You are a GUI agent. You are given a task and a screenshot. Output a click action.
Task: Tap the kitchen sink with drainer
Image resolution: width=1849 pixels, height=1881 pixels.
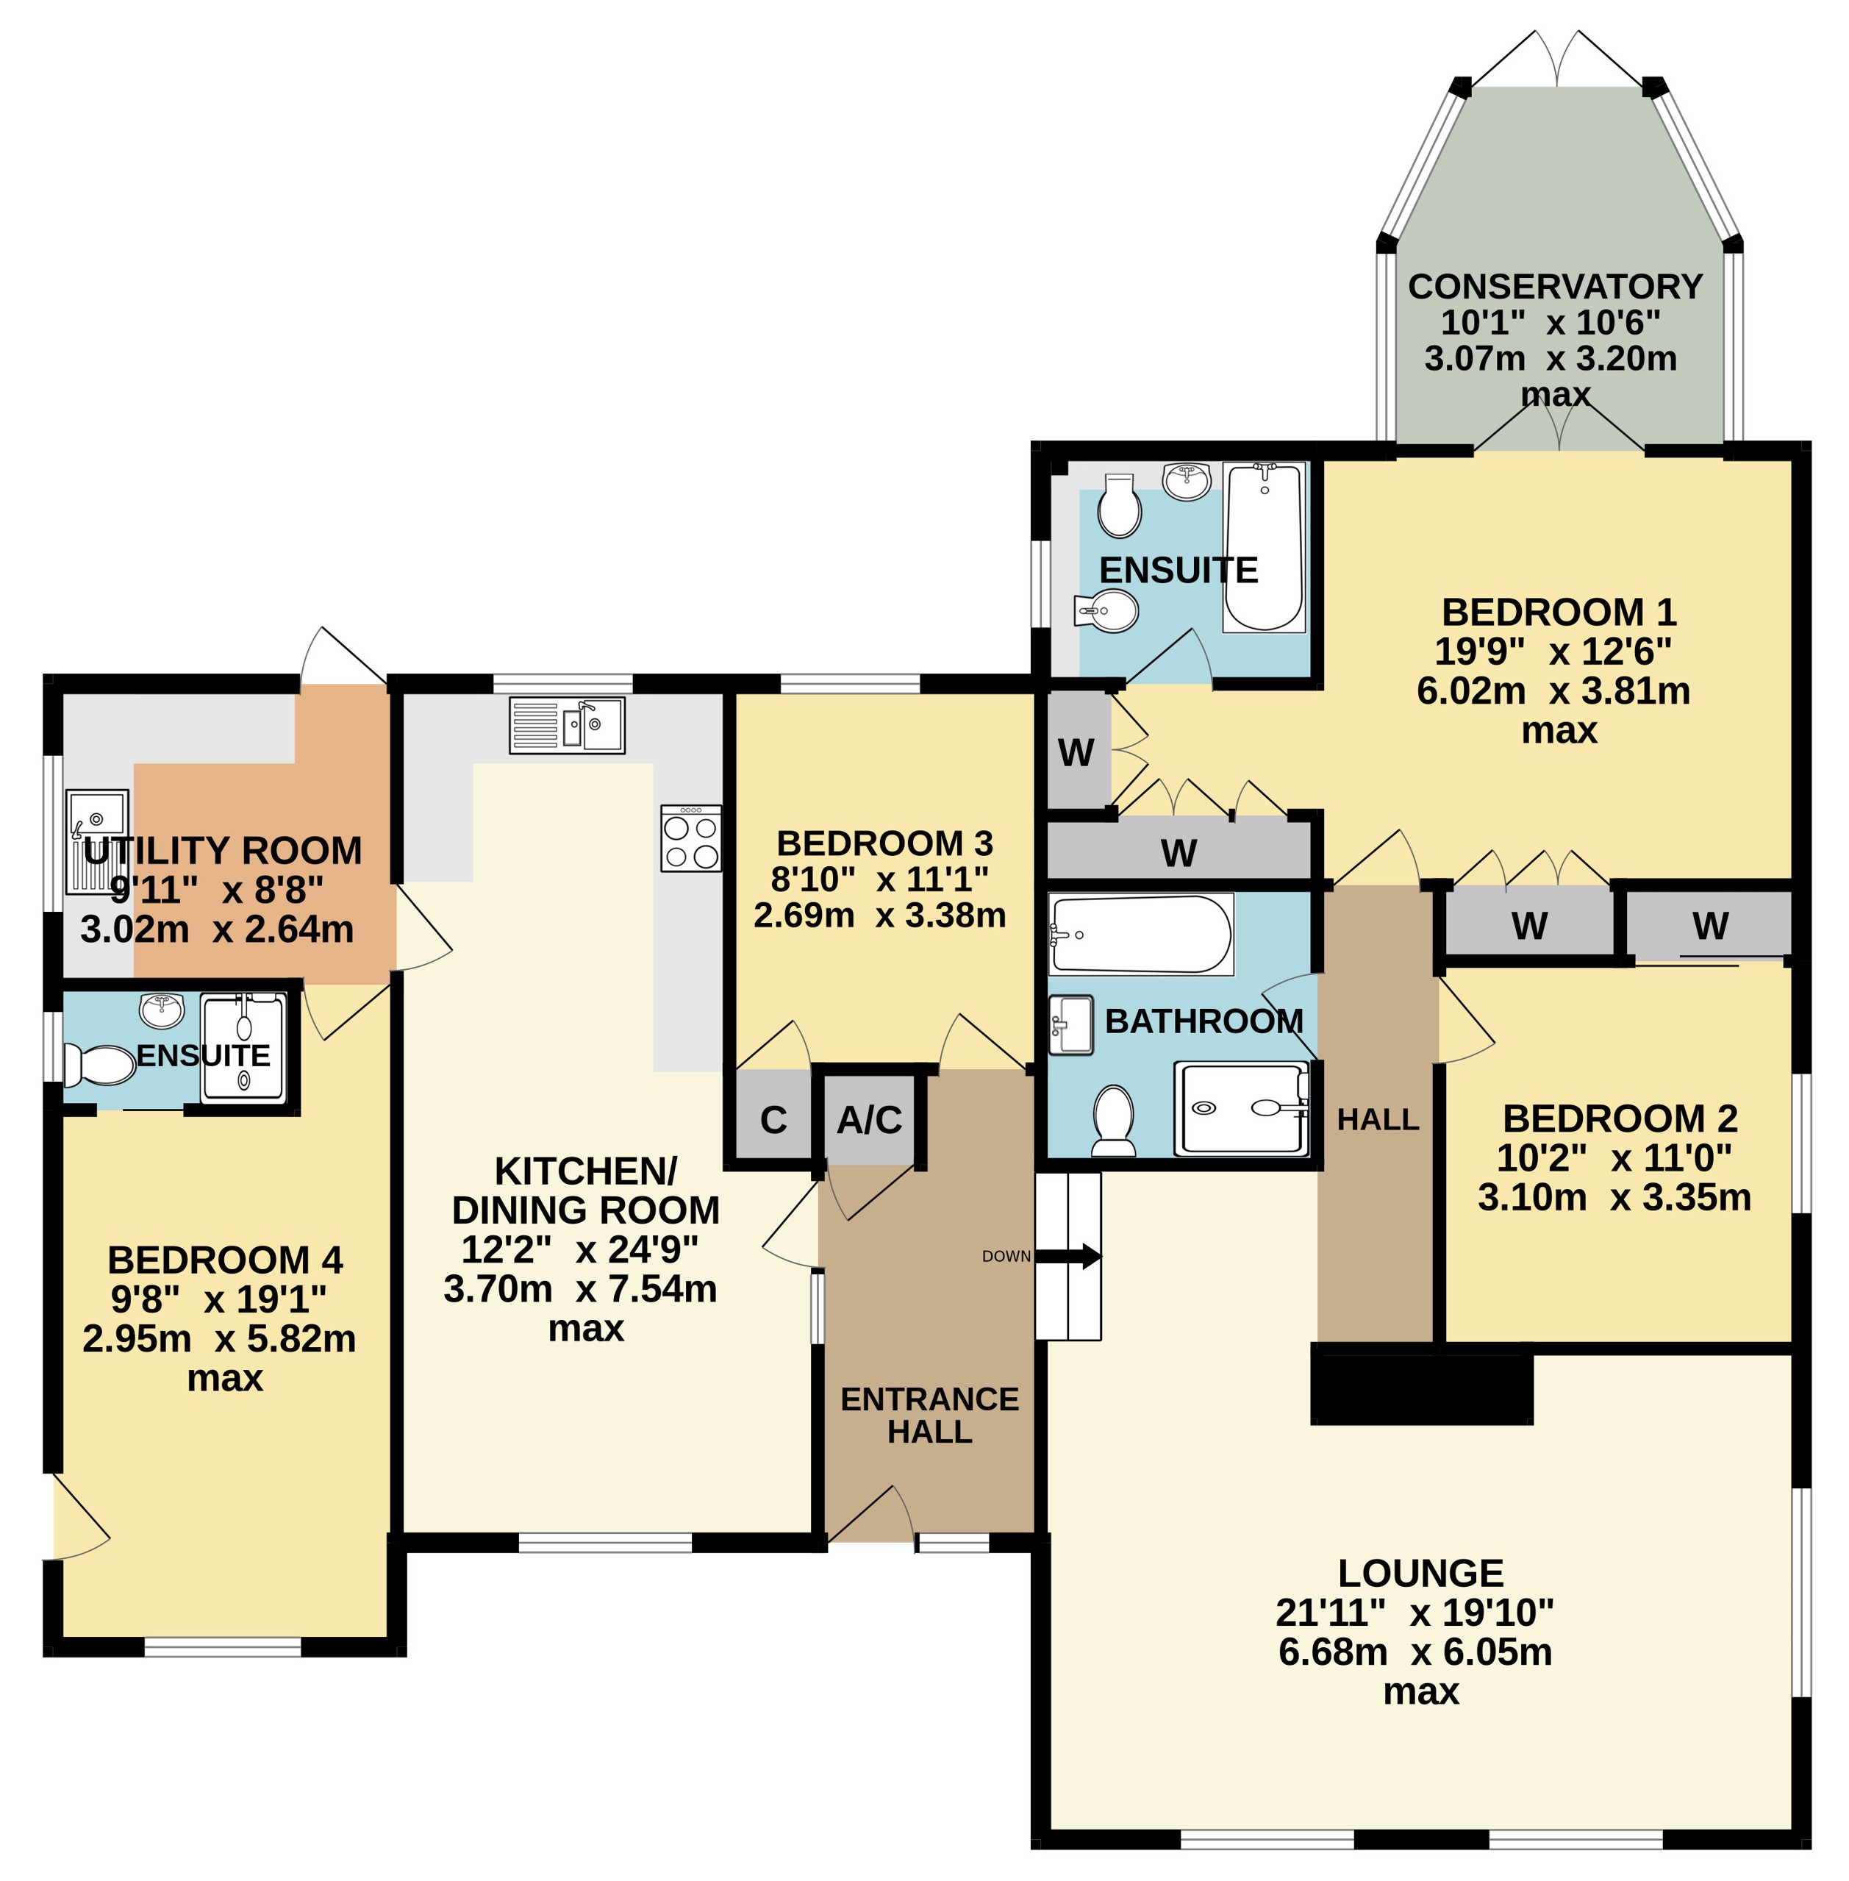[x=567, y=725]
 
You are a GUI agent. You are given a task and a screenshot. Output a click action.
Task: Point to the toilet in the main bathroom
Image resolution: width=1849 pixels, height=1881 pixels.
[x=1114, y=1121]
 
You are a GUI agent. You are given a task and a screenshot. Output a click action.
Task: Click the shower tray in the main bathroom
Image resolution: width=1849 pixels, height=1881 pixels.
[x=1241, y=1108]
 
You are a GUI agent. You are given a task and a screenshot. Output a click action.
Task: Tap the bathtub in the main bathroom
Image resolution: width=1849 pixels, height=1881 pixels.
[x=1141, y=934]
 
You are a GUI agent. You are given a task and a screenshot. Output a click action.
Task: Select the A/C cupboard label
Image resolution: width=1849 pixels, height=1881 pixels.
[x=869, y=1120]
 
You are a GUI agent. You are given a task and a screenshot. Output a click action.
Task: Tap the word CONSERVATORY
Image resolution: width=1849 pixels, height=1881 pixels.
[x=1555, y=287]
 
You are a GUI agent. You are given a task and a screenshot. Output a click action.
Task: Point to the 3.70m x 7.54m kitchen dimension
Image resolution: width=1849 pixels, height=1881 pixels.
[x=581, y=1288]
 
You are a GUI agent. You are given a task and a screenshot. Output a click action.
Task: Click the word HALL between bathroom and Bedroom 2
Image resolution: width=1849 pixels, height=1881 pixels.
[x=1378, y=1120]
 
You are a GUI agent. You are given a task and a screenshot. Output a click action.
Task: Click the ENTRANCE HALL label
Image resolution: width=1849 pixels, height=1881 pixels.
[x=929, y=1415]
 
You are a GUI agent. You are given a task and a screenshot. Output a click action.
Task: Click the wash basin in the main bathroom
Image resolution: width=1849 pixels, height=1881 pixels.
[x=1071, y=1024]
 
